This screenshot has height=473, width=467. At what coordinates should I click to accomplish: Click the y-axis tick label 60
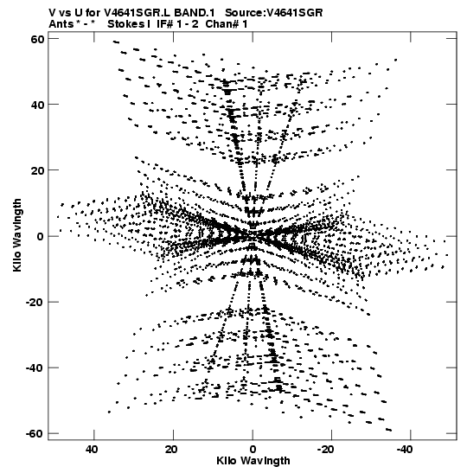[x=37, y=39]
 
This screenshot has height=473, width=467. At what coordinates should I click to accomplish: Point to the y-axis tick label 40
[x=37, y=105]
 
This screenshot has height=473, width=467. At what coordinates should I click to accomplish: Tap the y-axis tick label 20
[x=37, y=171]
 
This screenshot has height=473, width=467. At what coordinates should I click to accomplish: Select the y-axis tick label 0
[x=41, y=237]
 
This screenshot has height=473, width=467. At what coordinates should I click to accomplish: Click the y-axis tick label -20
[x=35, y=303]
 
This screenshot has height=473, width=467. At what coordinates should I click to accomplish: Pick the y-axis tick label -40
[x=35, y=368]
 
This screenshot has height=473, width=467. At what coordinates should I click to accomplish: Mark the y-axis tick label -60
[x=35, y=434]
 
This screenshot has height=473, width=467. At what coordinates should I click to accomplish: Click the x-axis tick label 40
[x=92, y=450]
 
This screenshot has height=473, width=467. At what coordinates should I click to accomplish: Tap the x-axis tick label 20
[x=171, y=450]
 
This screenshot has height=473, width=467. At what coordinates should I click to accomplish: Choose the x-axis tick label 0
[x=253, y=450]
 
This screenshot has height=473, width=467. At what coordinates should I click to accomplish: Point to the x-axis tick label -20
[x=326, y=450]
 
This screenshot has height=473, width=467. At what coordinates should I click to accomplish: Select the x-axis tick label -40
[x=405, y=450]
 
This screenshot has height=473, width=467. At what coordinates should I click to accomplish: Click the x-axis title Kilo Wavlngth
[x=253, y=461]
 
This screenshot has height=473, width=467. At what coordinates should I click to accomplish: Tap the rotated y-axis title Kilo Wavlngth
[x=17, y=235]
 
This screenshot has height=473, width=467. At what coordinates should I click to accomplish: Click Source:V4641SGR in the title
[x=274, y=13]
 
